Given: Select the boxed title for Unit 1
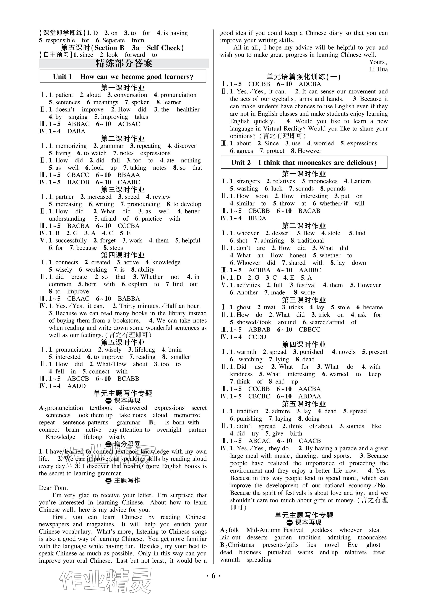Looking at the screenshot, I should coord(123,77).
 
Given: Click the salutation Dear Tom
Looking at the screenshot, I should coord(54,488).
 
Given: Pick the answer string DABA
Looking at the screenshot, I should coord(76,131).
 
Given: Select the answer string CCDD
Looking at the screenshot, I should coord(257,337).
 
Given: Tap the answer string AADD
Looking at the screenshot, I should coord(77,386).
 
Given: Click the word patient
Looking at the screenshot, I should coord(64,95).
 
